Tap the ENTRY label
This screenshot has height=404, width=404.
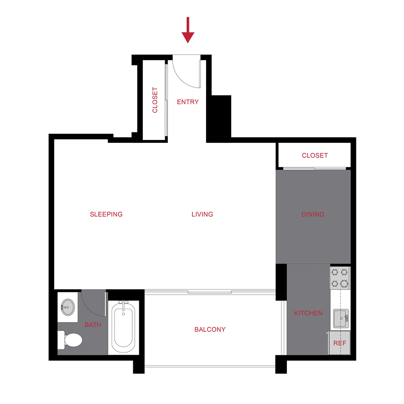(x=188, y=102)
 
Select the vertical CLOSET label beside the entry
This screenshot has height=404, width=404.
(x=155, y=100)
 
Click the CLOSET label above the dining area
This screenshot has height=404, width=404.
(x=315, y=155)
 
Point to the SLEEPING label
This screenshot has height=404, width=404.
(x=106, y=214)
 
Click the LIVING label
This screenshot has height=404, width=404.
(x=202, y=214)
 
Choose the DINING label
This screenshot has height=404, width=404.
(x=313, y=214)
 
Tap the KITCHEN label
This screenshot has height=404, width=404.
(x=308, y=313)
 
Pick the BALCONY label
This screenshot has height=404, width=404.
(x=210, y=329)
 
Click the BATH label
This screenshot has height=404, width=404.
(x=93, y=325)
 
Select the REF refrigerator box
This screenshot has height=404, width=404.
(x=339, y=343)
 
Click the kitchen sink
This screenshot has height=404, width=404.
(x=341, y=318)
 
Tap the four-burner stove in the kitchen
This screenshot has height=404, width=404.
(x=340, y=278)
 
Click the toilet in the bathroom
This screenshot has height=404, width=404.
(x=71, y=339)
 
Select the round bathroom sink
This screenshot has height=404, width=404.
(x=68, y=307)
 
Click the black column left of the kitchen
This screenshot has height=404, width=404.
(x=281, y=281)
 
